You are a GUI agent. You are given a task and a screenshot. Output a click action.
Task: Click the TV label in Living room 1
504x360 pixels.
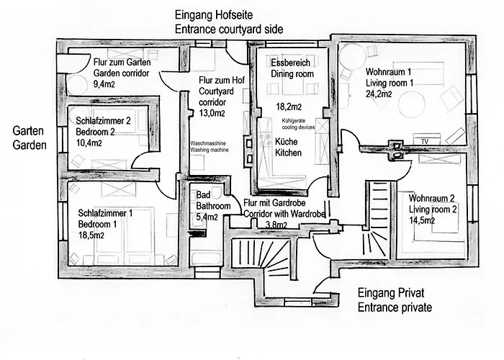pos(425,141)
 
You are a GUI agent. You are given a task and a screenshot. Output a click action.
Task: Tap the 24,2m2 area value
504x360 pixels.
pos(379,94)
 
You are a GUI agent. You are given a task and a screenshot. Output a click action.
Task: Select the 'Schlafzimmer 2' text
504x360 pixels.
pos(103,121)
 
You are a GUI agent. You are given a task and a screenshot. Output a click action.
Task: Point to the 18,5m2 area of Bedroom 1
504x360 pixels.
pos(91,235)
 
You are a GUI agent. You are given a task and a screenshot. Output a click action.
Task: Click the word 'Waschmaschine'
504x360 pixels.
pos(208,143)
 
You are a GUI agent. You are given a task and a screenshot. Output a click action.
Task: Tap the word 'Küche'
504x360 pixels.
pos(287,141)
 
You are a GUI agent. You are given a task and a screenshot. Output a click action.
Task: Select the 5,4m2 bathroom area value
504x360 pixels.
pos(207,217)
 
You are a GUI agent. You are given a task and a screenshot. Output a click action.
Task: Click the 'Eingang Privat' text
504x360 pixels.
pos(391,293)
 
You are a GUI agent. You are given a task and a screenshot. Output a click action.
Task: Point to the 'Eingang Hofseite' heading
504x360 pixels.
pos(214,15)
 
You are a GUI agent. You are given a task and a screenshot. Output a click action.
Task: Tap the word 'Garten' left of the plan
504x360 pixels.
pos(28,131)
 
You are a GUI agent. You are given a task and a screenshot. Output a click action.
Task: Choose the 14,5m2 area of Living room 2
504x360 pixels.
pos(422,220)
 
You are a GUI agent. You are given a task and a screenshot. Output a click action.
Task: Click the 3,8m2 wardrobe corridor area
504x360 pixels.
pos(276,225)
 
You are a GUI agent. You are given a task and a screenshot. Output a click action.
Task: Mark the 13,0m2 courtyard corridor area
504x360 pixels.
pos(212,113)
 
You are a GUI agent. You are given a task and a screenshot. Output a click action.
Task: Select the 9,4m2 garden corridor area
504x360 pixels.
pos(104,84)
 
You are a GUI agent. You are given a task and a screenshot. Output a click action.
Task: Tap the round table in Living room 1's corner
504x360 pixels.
pos(352,56)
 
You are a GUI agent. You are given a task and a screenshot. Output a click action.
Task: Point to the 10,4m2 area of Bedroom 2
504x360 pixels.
pos(89,143)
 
